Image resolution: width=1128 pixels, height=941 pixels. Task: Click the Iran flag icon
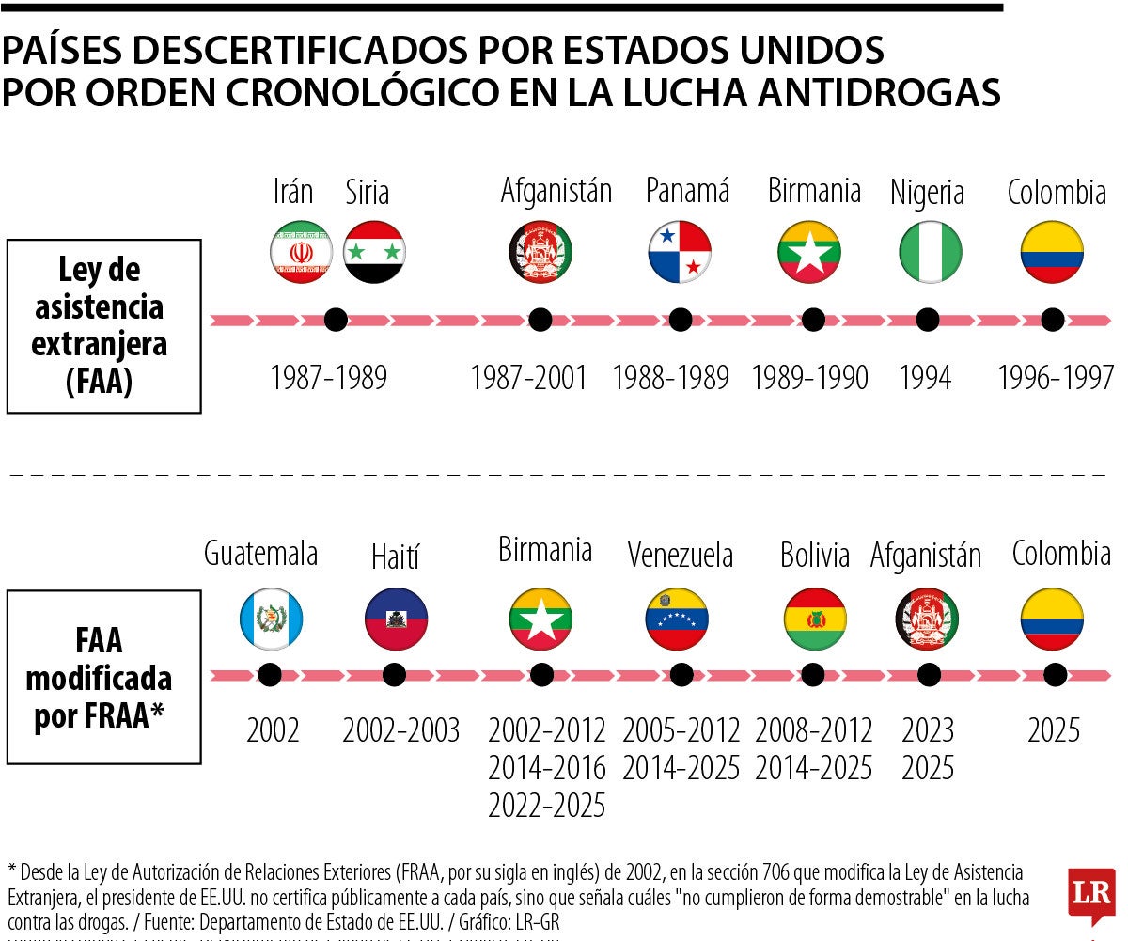(301, 251)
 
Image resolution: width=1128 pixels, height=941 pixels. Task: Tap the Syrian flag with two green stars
(374, 251)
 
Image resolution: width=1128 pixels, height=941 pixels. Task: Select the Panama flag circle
(680, 251)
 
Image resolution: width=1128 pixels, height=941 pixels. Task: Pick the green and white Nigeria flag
(930, 251)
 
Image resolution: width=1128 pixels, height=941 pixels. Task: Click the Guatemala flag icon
(271, 619)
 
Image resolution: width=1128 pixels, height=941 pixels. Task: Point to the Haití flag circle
(396, 619)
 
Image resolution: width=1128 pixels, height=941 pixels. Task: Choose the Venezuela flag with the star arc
(677, 619)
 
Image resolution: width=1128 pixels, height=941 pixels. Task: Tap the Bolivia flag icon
(815, 619)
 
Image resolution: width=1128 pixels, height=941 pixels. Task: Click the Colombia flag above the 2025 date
(1053, 619)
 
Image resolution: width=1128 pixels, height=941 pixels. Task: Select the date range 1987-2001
(528, 378)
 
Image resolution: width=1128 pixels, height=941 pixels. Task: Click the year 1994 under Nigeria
(925, 378)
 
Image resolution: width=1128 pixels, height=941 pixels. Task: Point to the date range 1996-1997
(1056, 378)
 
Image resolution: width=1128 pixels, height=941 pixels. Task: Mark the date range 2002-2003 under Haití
(401, 730)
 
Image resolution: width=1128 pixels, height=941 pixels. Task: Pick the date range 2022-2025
(547, 806)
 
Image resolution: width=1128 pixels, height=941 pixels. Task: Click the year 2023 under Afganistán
(928, 730)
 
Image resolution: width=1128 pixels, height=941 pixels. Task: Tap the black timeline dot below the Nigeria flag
(928, 320)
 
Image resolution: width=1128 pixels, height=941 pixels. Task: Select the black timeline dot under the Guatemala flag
(270, 674)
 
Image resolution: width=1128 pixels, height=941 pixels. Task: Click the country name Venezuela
(680, 555)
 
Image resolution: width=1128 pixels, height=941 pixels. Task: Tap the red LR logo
(1090, 891)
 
